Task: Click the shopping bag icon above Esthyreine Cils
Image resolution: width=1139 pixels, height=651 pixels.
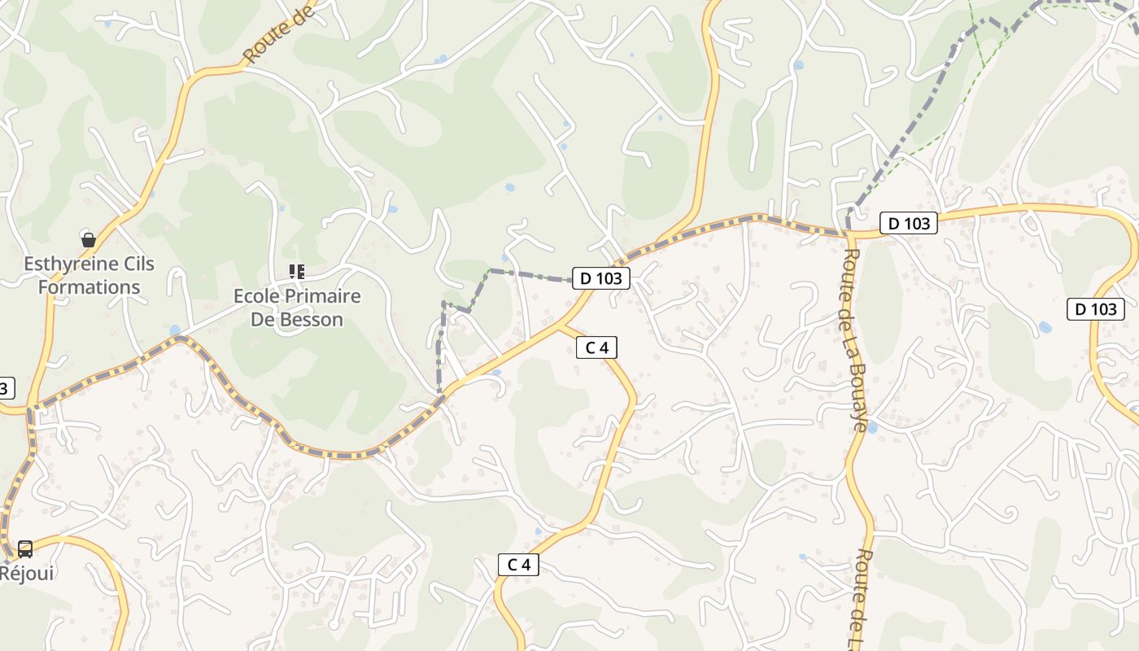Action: pos(89,240)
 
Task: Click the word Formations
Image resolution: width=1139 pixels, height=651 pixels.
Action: pos(89,287)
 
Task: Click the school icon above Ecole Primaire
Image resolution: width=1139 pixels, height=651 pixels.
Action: pos(297,272)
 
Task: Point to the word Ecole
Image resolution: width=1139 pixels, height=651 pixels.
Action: pos(255,295)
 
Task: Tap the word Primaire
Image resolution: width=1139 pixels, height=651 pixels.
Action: pos(322,295)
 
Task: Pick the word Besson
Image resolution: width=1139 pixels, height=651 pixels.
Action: pos(312,319)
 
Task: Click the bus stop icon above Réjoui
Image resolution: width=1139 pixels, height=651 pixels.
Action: pos(25,549)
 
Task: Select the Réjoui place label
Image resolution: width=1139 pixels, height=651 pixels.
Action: pos(27,573)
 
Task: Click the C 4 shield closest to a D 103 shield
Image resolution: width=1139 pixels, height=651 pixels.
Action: pos(596,348)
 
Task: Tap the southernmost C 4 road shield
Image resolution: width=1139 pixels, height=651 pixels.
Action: pos(518,565)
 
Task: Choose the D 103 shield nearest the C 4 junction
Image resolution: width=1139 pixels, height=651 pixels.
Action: pos(601,278)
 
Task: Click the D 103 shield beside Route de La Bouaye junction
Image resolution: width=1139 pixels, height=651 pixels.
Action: pos(908,223)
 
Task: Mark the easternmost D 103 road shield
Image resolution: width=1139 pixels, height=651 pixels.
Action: pos(1095,309)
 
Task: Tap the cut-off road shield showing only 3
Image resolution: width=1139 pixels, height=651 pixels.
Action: pos(5,388)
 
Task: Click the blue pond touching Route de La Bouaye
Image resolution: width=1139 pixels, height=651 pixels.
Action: pos(871,427)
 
